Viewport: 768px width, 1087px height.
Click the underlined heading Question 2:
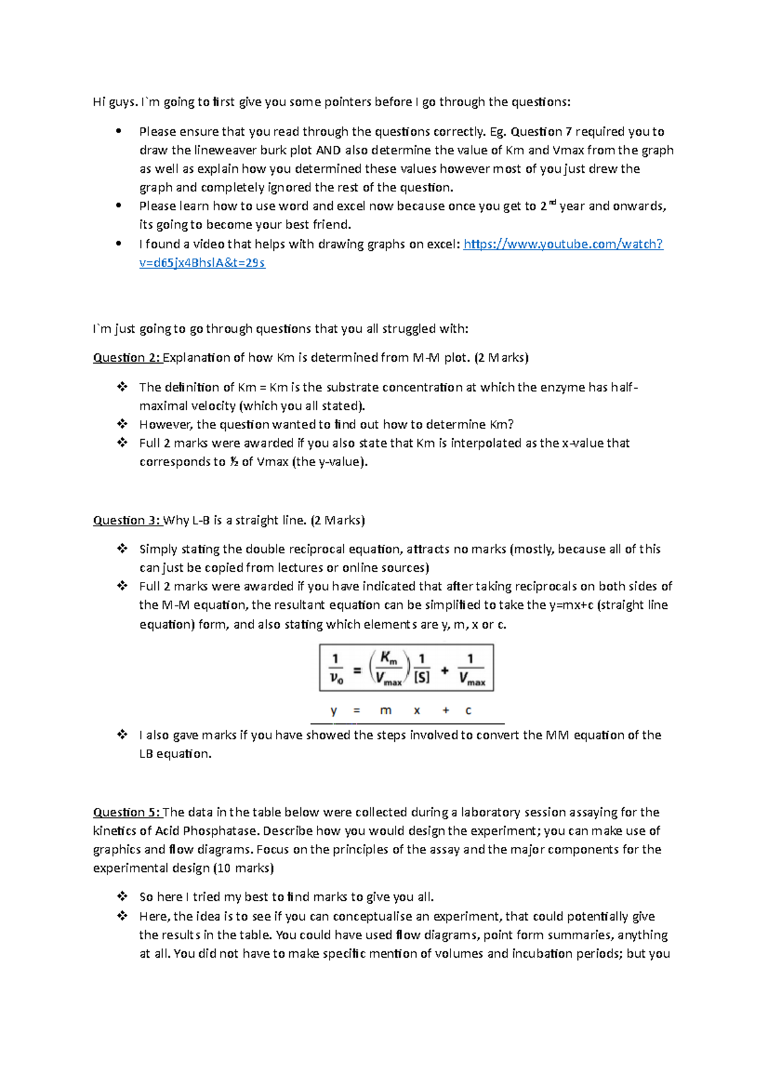[x=127, y=358]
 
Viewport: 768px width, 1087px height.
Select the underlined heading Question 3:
[x=127, y=520]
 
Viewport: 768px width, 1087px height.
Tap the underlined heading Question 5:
[x=127, y=812]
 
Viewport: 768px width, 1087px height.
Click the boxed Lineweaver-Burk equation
[x=406, y=668]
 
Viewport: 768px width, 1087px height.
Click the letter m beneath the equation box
[x=385, y=711]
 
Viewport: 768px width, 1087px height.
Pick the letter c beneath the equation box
[x=468, y=711]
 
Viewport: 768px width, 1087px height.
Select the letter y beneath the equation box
[x=333, y=711]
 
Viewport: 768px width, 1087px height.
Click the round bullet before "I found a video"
[x=118, y=244]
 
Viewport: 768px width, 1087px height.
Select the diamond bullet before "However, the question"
[x=122, y=424]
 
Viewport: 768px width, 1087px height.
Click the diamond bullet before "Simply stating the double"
[x=122, y=549]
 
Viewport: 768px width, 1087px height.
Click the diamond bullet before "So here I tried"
[x=122, y=897]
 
